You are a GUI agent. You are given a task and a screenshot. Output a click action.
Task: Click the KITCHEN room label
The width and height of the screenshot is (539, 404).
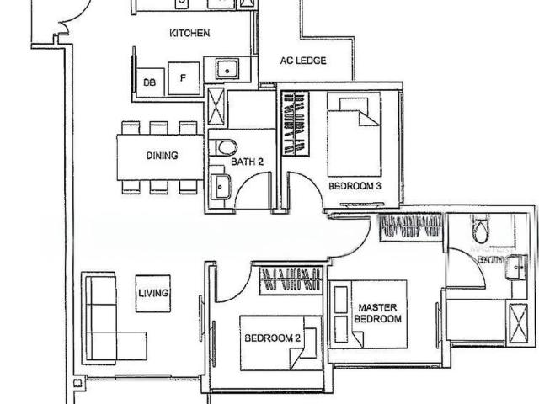pyautogui.click(x=189, y=34)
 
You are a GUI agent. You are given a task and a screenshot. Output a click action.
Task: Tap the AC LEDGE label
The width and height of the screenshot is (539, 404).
pyautogui.click(x=303, y=61)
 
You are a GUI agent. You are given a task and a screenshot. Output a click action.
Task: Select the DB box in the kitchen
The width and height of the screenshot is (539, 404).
pyautogui.click(x=149, y=82)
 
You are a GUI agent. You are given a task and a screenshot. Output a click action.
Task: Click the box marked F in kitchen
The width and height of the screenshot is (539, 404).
pyautogui.click(x=183, y=78)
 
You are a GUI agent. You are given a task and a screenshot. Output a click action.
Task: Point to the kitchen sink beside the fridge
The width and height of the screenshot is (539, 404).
pyautogui.click(x=227, y=68)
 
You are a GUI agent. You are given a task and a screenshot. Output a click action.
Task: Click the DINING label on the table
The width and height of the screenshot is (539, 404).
pyautogui.click(x=162, y=156)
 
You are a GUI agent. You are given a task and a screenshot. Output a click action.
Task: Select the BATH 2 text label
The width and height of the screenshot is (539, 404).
pyautogui.click(x=248, y=161)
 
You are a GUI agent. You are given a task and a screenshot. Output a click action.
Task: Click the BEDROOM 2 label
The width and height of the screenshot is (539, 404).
pyautogui.click(x=272, y=338)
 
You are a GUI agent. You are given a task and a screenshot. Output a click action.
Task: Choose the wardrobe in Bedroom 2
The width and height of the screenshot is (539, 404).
pyautogui.click(x=291, y=280)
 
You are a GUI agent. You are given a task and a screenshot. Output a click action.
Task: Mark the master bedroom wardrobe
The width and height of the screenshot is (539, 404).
pyautogui.click(x=411, y=226)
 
